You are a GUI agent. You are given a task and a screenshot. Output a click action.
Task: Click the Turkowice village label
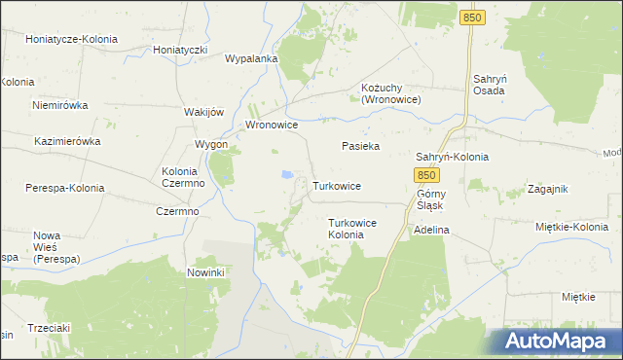(338, 185)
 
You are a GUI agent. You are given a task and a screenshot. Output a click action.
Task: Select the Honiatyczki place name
(181, 50)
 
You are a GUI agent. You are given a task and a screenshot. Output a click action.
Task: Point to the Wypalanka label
(251, 58)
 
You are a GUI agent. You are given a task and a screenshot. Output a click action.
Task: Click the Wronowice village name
(271, 126)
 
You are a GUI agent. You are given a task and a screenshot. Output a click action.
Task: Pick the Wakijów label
(204, 112)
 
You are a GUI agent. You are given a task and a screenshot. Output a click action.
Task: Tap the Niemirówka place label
(59, 105)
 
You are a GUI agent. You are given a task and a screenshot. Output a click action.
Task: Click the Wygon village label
(211, 144)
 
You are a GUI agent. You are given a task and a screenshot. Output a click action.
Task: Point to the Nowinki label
(206, 272)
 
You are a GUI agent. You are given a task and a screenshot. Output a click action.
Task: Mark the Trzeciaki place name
(51, 328)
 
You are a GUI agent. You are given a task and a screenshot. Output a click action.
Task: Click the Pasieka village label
(360, 146)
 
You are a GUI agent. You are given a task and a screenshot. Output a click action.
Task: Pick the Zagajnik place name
(546, 190)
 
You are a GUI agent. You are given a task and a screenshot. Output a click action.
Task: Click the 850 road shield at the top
(473, 18)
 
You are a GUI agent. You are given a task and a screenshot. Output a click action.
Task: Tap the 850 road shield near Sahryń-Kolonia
(424, 175)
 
